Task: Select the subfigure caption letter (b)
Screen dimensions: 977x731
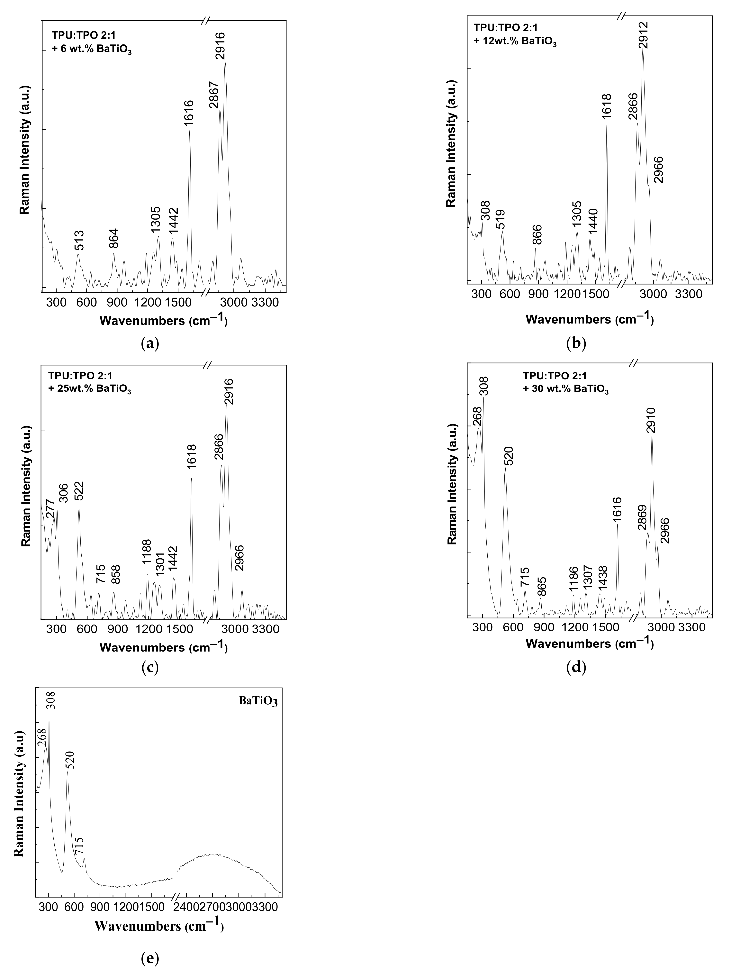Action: (576, 344)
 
